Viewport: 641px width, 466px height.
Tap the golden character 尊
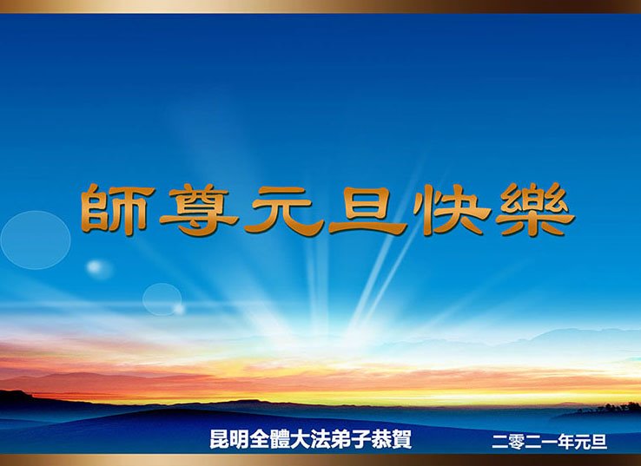click(x=199, y=210)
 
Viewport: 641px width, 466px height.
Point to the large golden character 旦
click(x=367, y=211)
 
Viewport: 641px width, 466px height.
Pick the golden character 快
click(x=452, y=209)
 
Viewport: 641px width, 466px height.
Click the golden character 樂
click(x=536, y=209)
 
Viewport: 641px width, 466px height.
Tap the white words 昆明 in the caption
click(x=229, y=439)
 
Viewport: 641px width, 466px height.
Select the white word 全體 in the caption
click(x=270, y=439)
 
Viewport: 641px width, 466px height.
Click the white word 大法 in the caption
click(x=310, y=439)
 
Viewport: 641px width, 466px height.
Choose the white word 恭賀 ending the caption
click(x=391, y=439)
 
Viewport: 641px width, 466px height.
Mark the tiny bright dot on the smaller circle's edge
click(x=179, y=308)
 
